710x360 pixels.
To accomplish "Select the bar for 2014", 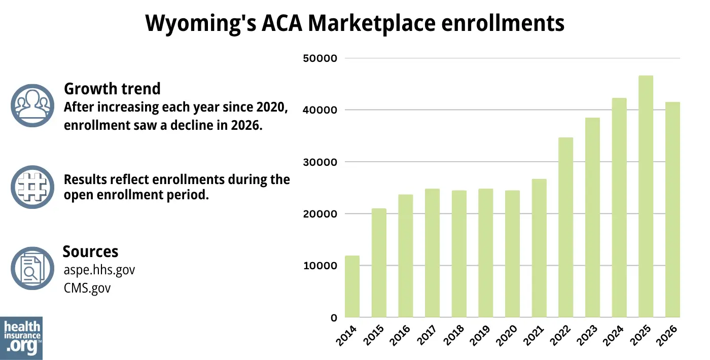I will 352,286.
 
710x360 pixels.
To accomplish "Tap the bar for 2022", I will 565,228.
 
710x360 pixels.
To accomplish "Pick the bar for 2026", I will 672,210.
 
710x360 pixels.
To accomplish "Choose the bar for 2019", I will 485,253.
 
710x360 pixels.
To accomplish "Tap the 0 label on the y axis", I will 333,318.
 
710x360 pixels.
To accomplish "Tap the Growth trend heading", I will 112,89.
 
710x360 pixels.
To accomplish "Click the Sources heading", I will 90,251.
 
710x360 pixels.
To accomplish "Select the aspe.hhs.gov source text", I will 99,270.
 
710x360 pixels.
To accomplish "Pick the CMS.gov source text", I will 87,288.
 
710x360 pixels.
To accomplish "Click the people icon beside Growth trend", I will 32,105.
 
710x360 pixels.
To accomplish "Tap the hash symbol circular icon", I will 32,187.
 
